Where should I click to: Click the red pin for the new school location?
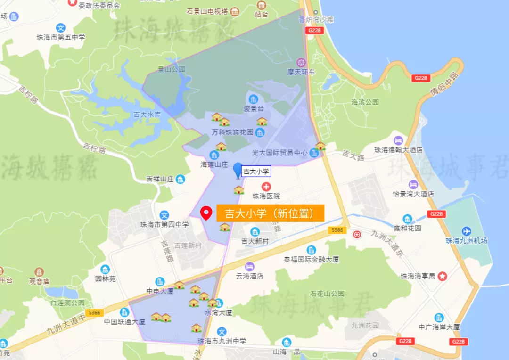[205, 213]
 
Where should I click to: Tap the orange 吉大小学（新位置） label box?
[271, 213]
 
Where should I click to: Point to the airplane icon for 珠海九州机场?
[467, 231]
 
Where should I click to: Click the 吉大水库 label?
[148, 115]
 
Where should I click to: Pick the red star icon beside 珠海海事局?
[442, 276]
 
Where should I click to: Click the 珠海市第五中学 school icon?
[61, 28]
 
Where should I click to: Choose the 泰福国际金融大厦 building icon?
[311, 250]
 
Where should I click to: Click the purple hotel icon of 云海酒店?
[249, 267]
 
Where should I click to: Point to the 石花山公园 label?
[328, 294]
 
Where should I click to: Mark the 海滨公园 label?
[365, 102]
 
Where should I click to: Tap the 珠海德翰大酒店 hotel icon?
[398, 140]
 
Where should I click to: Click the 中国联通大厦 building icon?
[124, 312]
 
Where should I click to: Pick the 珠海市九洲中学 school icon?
[222, 332]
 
